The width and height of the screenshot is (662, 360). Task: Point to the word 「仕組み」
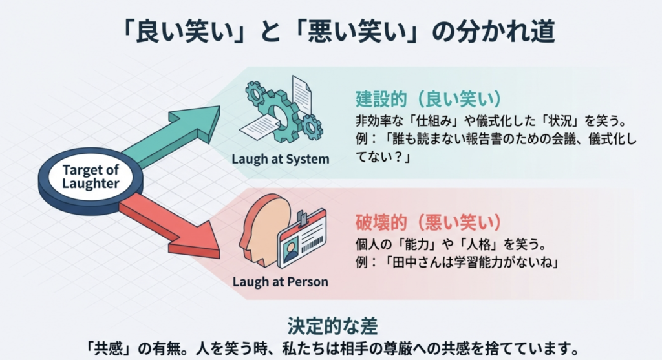point(432,121)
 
